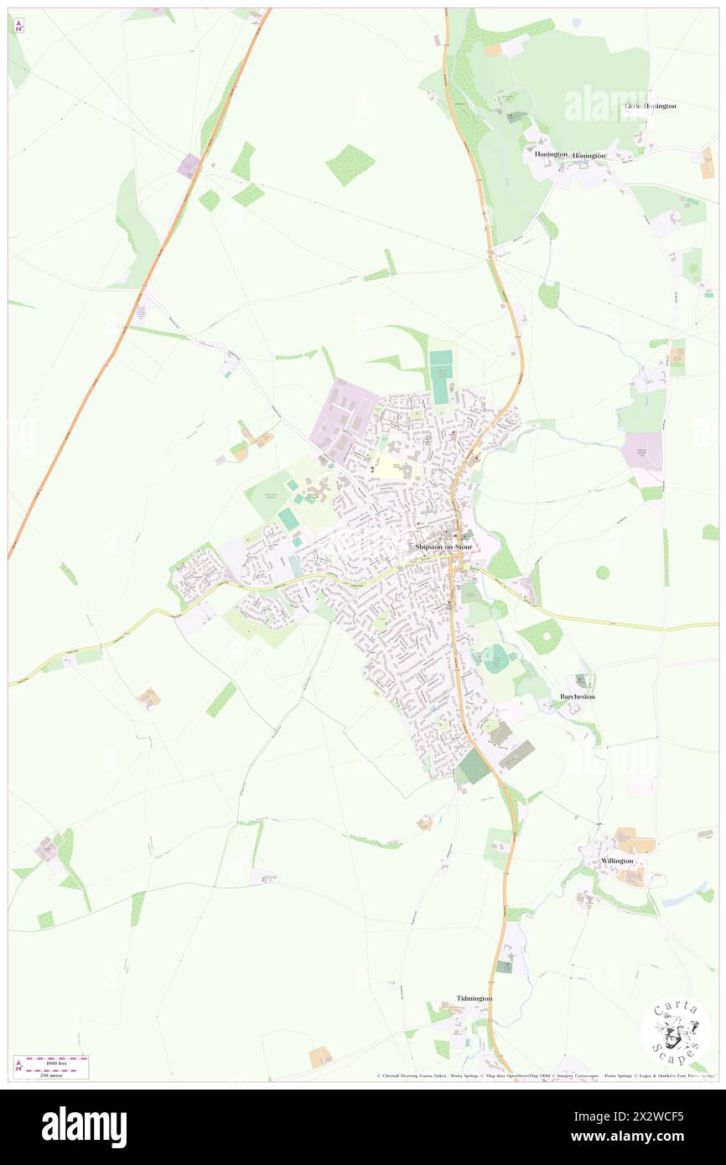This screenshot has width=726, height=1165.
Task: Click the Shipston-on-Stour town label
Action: pyautogui.click(x=443, y=546)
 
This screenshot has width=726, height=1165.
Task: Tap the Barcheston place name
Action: pyautogui.click(x=577, y=696)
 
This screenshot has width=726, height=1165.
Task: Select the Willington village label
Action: pyautogui.click(x=617, y=861)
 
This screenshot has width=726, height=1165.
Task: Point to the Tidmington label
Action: pyautogui.click(x=474, y=998)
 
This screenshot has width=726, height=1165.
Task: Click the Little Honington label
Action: pyautogui.click(x=650, y=106)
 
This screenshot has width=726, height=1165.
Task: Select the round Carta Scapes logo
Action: pyautogui.click(x=676, y=1032)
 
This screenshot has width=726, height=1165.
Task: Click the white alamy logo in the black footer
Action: pyautogui.click(x=84, y=1126)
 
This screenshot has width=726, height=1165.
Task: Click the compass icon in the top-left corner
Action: pyautogui.click(x=18, y=26)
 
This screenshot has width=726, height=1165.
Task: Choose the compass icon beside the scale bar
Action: pyautogui.click(x=18, y=1066)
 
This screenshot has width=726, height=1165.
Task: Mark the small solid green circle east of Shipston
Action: pyautogui.click(x=603, y=572)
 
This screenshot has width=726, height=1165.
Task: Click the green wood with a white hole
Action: pyautogui.click(x=542, y=638)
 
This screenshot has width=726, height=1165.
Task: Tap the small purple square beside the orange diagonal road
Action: pyautogui.click(x=189, y=164)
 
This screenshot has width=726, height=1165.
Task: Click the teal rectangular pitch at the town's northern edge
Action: pyautogui.click(x=440, y=367)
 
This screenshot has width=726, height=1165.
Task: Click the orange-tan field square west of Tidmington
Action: pyautogui.click(x=320, y=1057)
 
